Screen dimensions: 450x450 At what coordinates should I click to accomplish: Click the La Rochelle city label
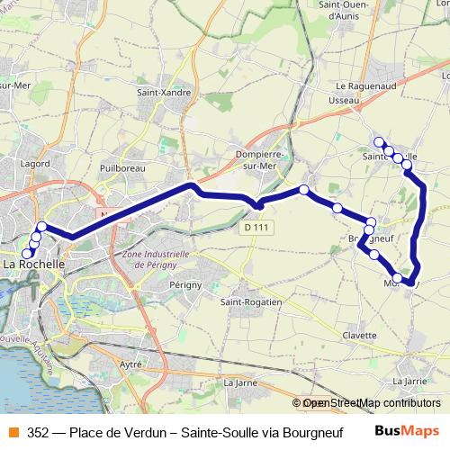[x=34, y=265]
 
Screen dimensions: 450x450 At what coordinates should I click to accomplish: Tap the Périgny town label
[x=183, y=283]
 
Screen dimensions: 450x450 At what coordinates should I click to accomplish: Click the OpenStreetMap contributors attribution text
[x=371, y=403]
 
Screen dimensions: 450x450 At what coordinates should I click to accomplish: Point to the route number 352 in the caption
[x=38, y=430]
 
